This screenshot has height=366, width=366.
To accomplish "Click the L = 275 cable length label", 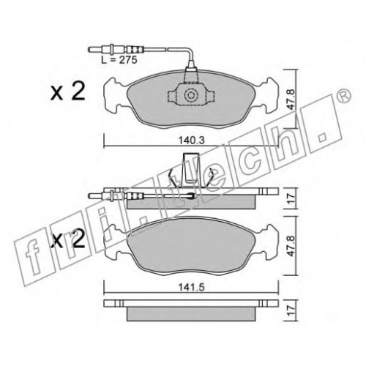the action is click(x=119, y=60).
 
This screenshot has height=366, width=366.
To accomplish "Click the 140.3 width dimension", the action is click(x=192, y=141).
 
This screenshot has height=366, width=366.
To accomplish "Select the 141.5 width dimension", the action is click(x=191, y=287).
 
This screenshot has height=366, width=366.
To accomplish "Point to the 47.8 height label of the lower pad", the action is click(x=290, y=246).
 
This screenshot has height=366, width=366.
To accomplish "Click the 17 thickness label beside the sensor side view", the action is click(x=290, y=198).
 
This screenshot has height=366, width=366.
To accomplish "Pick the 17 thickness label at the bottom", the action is click(x=290, y=310).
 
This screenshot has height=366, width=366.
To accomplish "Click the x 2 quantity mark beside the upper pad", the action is click(x=68, y=91).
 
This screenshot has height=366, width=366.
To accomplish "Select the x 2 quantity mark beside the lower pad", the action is click(x=68, y=239).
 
